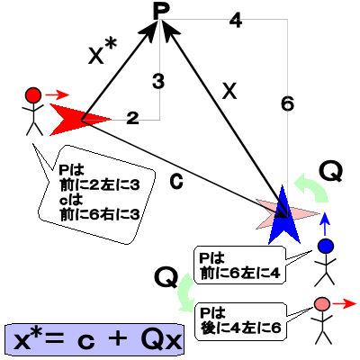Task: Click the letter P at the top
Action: click(161, 11)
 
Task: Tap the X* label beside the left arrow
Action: click(103, 52)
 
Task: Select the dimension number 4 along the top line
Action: click(236, 21)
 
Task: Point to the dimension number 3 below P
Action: click(158, 81)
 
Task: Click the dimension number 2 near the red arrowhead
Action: click(132, 118)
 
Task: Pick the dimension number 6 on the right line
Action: click(287, 104)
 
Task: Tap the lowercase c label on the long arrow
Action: click(176, 181)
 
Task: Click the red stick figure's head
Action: click(33, 95)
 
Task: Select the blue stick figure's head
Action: click(326, 246)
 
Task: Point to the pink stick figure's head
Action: click(322, 304)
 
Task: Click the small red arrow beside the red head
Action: click(57, 95)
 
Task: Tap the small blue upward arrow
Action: click(325, 223)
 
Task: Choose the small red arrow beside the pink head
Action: click(345, 304)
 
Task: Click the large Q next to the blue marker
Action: click(331, 172)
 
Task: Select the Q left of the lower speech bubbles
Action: click(166, 277)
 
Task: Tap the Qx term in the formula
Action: click(162, 340)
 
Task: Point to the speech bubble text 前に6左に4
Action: click(240, 274)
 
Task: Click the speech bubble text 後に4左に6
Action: click(240, 328)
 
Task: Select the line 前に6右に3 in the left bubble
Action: click(100, 214)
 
